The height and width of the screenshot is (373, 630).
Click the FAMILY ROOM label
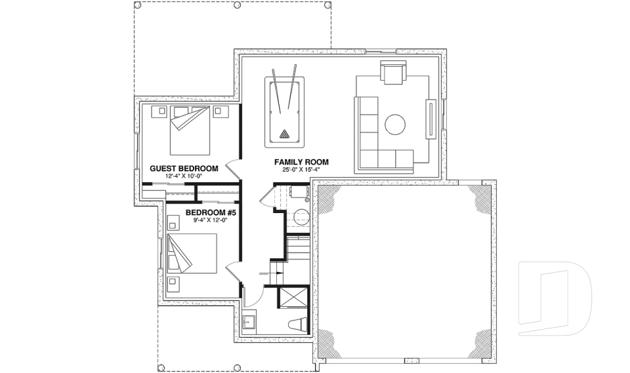(301, 162)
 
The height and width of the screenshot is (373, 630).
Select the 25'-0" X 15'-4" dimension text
(301, 170)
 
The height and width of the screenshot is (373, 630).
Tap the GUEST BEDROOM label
(184, 168)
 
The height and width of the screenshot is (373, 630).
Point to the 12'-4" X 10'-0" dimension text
(184, 176)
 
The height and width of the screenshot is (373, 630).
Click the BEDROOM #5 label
(211, 213)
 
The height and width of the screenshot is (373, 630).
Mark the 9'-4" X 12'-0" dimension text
(211, 220)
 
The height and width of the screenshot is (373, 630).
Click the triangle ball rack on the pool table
(284, 134)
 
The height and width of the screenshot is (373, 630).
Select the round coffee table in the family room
(396, 125)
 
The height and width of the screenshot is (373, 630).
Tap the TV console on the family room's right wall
(431, 119)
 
